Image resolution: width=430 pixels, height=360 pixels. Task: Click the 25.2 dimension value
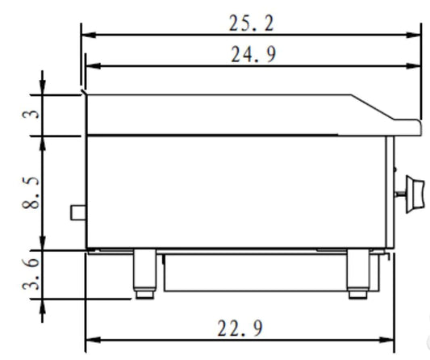tap(251, 23)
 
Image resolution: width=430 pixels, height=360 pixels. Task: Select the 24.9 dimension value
tap(253, 54)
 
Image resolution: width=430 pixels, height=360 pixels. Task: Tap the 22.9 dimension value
tap(240, 329)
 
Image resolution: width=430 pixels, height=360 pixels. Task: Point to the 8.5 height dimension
tap(31, 193)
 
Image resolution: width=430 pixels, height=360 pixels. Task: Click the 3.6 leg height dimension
tap(31, 274)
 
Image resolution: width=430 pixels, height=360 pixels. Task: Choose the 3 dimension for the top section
tap(31, 114)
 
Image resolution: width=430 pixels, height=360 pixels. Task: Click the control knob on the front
tap(415, 194)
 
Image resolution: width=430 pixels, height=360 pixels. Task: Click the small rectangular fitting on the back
tap(78, 212)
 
